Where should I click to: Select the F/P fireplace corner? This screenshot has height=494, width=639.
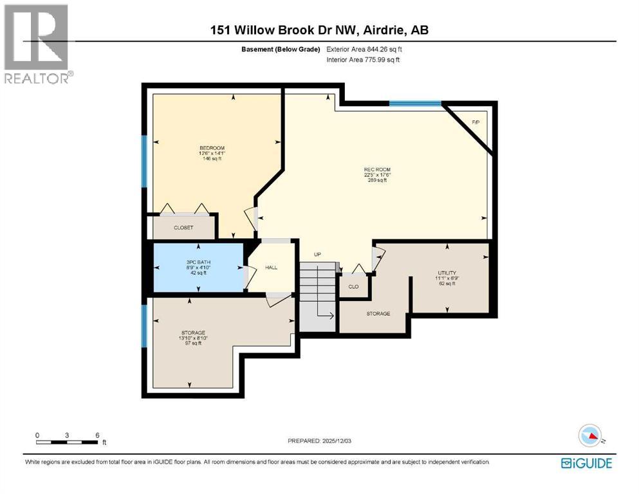(476, 122)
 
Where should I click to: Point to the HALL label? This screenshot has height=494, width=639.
(271, 267)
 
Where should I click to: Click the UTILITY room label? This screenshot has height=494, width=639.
(447, 273)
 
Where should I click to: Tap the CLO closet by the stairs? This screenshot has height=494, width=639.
(353, 286)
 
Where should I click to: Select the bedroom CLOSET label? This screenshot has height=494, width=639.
(183, 228)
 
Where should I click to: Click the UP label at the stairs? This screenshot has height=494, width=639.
(317, 254)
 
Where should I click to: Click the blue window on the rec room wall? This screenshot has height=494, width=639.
(415, 103)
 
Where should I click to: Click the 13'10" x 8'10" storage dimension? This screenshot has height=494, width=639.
(192, 338)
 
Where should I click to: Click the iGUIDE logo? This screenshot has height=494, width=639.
(586, 462)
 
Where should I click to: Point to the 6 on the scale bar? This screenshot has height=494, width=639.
(97, 435)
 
